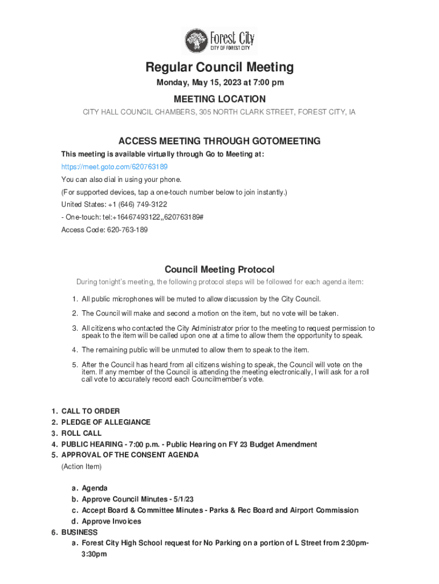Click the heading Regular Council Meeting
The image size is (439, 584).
click(x=219, y=67)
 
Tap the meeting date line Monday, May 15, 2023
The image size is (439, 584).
click(x=219, y=83)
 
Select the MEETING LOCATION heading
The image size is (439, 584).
click(x=219, y=99)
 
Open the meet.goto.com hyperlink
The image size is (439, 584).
click(x=114, y=167)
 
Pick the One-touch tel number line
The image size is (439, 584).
click(x=132, y=217)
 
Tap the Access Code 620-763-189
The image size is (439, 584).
click(x=104, y=230)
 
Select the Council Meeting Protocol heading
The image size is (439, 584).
click(x=219, y=269)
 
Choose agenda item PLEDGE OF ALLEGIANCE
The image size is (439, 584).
click(x=105, y=422)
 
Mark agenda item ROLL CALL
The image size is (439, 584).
click(x=82, y=433)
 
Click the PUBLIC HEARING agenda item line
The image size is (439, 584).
click(x=189, y=444)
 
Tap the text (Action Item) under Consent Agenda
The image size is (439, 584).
click(x=82, y=467)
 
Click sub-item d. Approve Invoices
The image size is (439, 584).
click(x=111, y=521)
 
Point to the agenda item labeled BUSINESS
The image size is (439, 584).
click(x=79, y=532)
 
